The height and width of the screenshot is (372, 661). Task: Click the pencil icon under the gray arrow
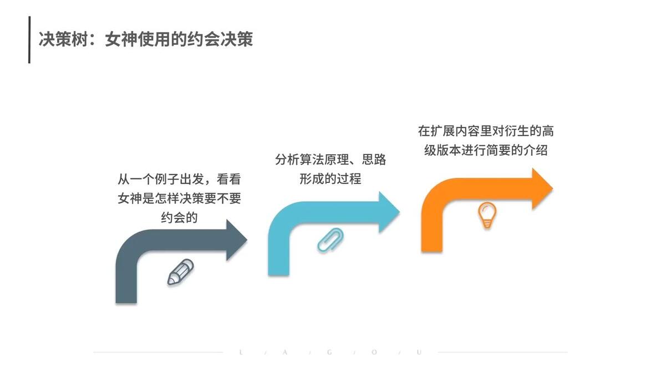coord(180,272)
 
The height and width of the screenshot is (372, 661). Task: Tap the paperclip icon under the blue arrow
coord(330,239)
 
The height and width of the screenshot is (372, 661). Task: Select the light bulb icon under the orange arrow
coord(487,215)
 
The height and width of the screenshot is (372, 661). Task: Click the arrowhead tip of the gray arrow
coord(247,239)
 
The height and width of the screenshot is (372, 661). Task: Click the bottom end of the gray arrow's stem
coord(126,302)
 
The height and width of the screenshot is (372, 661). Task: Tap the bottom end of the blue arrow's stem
coord(278,274)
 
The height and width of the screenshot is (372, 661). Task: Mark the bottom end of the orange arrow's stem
coord(431,251)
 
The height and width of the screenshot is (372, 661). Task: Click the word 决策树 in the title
coord(64,39)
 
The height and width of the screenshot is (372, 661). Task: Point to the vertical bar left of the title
coord(29,39)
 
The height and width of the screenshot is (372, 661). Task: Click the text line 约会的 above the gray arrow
coord(179,217)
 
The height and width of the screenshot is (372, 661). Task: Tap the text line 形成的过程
coord(330,179)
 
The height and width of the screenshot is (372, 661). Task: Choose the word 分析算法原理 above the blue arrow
coord(312,159)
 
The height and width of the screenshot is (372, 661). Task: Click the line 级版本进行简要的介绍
coord(486,150)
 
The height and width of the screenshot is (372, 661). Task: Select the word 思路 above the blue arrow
coord(374,159)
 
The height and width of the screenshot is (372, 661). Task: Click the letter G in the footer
coord(329,352)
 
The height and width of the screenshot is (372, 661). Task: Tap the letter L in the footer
coord(241,352)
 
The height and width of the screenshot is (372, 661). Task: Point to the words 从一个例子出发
coord(161,179)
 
